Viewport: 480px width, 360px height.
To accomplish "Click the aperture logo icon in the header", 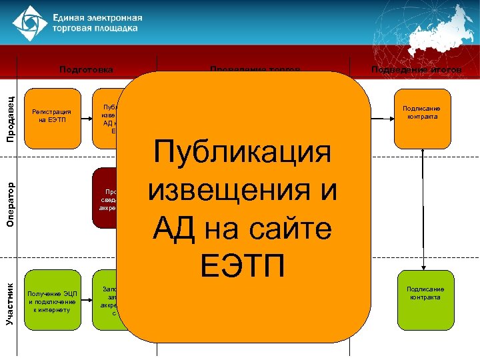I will [26, 23].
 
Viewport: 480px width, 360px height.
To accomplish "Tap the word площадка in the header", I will [117, 29].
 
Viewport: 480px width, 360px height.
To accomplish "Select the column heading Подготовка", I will [86, 69].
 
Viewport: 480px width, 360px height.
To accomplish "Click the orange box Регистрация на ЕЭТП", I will [51, 117].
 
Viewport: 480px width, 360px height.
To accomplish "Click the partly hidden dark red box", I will [107, 199].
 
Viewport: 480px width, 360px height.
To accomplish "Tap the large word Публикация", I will [242, 152].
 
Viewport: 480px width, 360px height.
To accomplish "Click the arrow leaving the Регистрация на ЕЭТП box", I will [85, 118].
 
